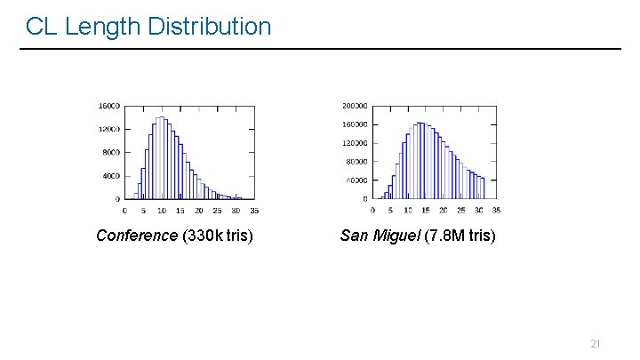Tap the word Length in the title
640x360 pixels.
click(x=103, y=27)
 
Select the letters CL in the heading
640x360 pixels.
click(x=41, y=27)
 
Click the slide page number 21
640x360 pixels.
click(x=596, y=343)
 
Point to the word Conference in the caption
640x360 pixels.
click(x=137, y=236)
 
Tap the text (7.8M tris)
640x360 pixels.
click(x=463, y=236)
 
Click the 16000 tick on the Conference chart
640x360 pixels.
click(x=108, y=106)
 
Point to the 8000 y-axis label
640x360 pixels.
click(x=110, y=152)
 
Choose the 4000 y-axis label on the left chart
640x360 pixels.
click(x=110, y=176)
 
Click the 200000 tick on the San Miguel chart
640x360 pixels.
click(x=355, y=106)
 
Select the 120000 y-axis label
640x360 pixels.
click(x=355, y=143)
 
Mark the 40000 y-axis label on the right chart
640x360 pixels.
click(x=356, y=180)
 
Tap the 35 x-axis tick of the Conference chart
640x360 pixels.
click(x=254, y=211)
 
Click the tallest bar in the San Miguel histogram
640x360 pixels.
click(x=420, y=160)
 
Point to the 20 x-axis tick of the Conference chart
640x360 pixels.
click(x=198, y=211)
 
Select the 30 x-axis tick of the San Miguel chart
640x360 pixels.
click(x=478, y=211)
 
